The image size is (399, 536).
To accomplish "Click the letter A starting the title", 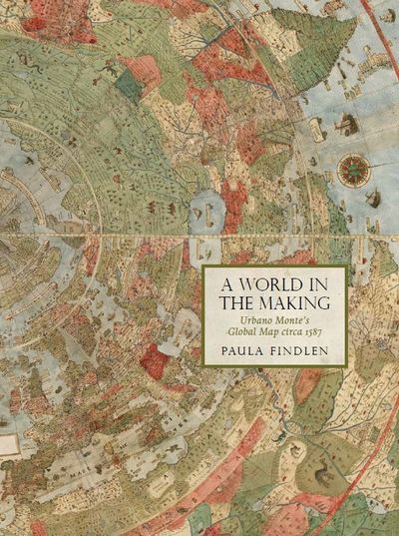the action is (x=216, y=283).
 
